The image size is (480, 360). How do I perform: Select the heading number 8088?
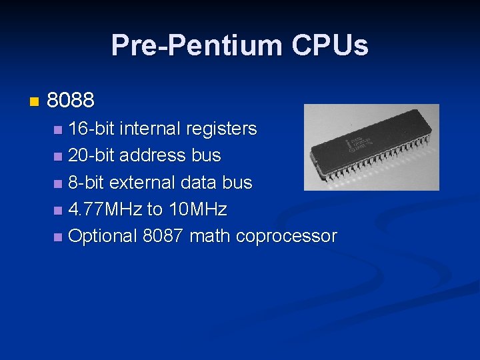click(71, 101)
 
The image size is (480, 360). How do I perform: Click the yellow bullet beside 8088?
click(34, 102)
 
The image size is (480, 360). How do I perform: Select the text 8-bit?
click(86, 183)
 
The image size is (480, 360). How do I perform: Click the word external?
click(142, 183)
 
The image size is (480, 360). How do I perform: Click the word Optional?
click(103, 237)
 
